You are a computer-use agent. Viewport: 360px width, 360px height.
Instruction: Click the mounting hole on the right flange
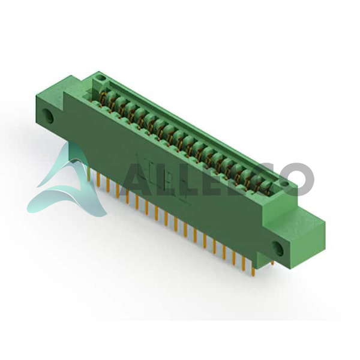[278, 248]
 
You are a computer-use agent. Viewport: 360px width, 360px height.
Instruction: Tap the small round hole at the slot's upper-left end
[100, 78]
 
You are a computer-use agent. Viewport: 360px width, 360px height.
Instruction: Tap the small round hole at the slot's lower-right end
[284, 184]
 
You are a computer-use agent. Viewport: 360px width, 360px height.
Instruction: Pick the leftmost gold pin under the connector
[89, 173]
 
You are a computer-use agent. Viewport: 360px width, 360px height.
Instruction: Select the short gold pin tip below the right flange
[272, 263]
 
